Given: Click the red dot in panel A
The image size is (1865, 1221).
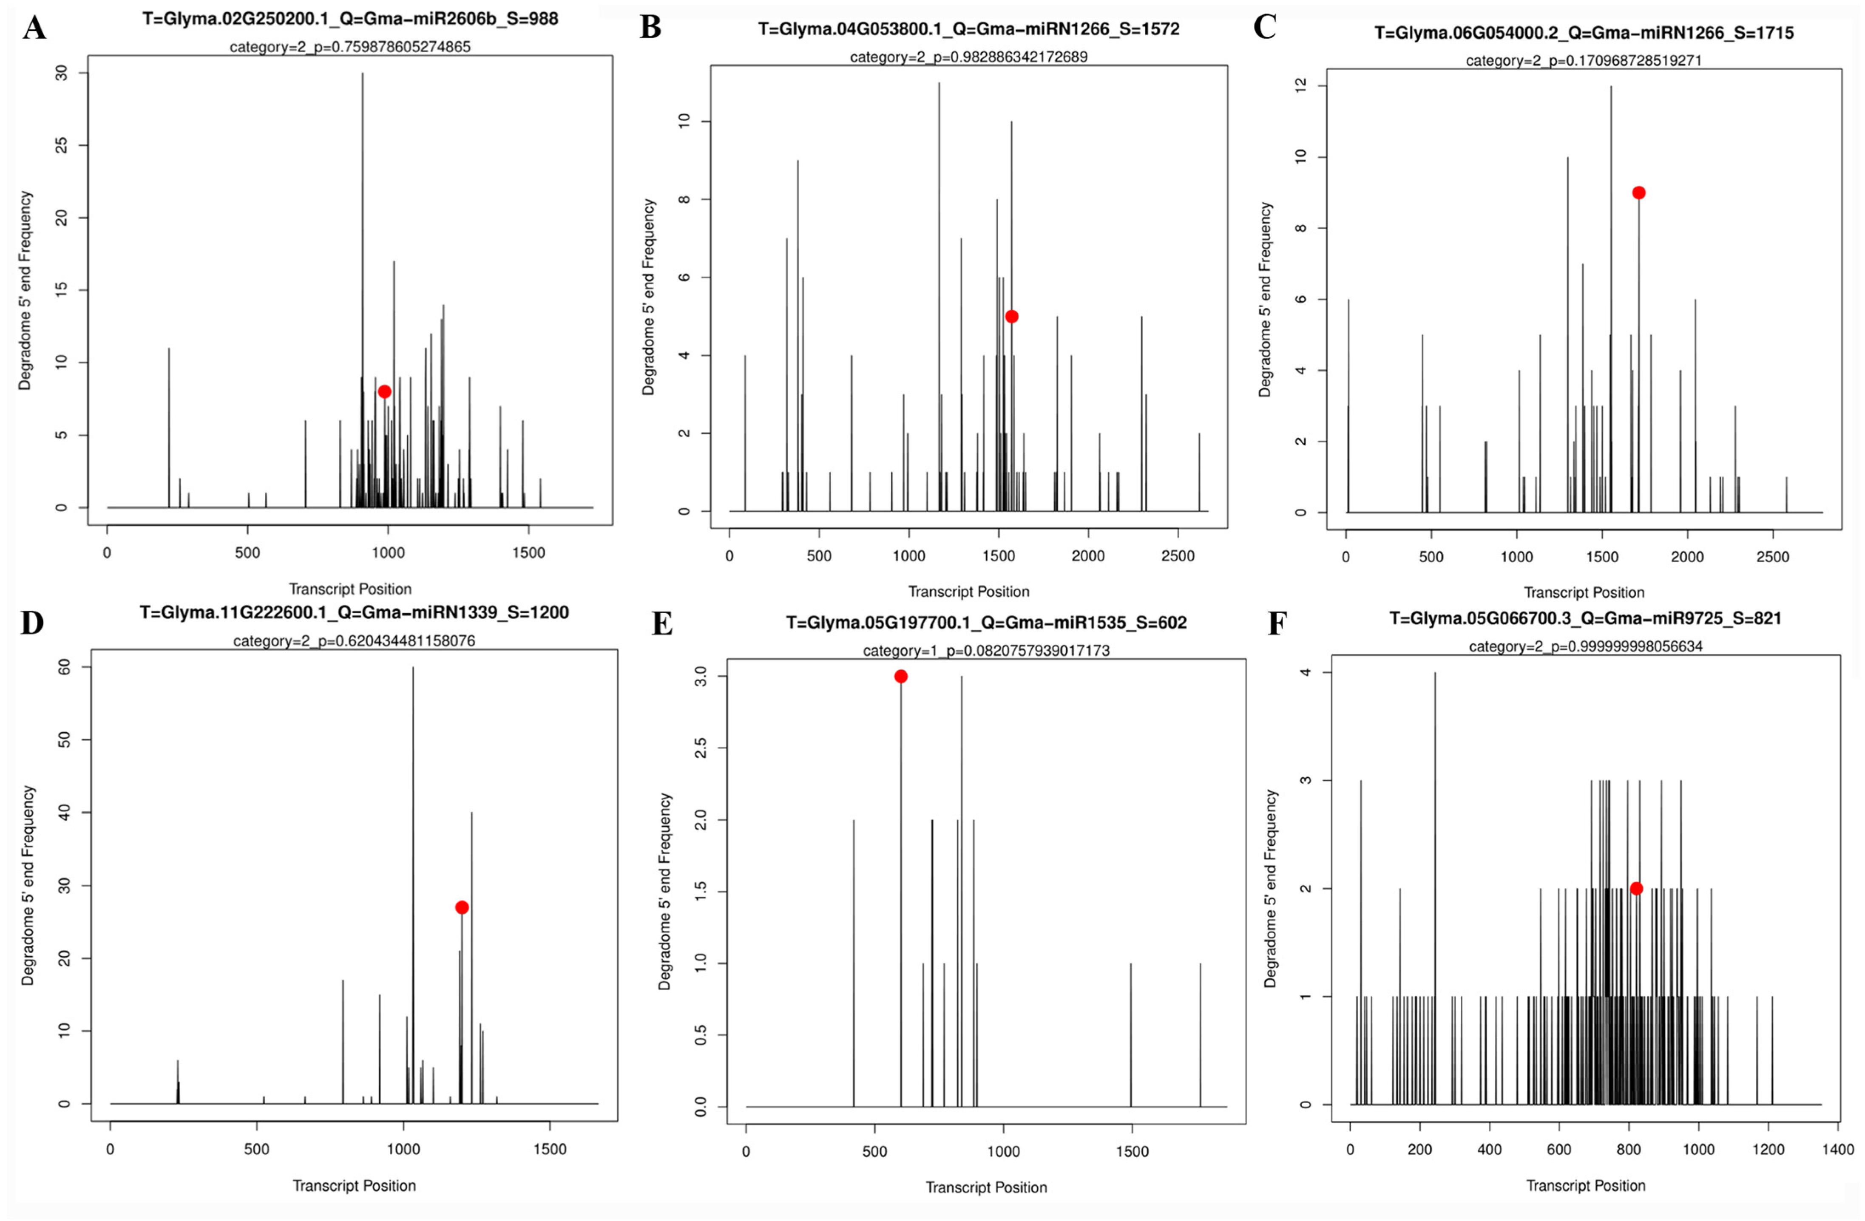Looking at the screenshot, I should [384, 391].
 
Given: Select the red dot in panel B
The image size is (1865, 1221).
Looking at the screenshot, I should [1012, 317].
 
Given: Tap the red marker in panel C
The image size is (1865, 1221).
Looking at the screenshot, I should [1638, 193].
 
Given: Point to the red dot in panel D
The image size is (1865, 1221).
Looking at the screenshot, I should [462, 907].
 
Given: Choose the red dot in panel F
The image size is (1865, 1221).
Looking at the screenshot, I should [1636, 888].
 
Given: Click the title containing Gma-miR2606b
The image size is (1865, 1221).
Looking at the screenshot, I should [350, 19].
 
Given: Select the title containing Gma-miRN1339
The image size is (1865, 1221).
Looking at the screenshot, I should [354, 612].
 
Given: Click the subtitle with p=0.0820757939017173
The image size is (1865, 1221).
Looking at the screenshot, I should [986, 650].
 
